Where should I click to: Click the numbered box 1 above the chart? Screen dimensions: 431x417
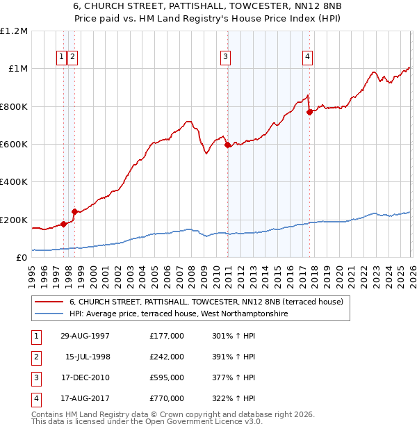pyautogui.click(x=62, y=58)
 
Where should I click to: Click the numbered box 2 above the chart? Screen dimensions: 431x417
pyautogui.click(x=72, y=58)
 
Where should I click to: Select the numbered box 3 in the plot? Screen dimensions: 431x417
pyautogui.click(x=225, y=58)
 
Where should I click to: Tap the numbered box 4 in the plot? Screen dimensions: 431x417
pyautogui.click(x=306, y=58)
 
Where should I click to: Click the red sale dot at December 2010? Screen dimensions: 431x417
pyautogui.click(x=227, y=145)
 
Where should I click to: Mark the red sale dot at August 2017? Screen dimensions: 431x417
pyautogui.click(x=309, y=112)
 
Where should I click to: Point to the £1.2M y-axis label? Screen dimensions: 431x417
pyautogui.click(x=14, y=31)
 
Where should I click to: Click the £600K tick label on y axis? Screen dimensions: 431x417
pyautogui.click(x=14, y=145)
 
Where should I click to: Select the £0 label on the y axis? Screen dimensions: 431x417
pyautogui.click(x=22, y=258)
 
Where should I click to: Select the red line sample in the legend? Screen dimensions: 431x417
pyautogui.click(x=50, y=302)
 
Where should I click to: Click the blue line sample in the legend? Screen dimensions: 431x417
pyautogui.click(x=50, y=314)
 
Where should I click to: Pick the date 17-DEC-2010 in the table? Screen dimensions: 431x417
pyautogui.click(x=81, y=377)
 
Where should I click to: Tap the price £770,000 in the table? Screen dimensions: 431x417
pyautogui.click(x=167, y=398)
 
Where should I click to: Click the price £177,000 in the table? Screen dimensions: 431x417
pyautogui.click(x=167, y=336)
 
